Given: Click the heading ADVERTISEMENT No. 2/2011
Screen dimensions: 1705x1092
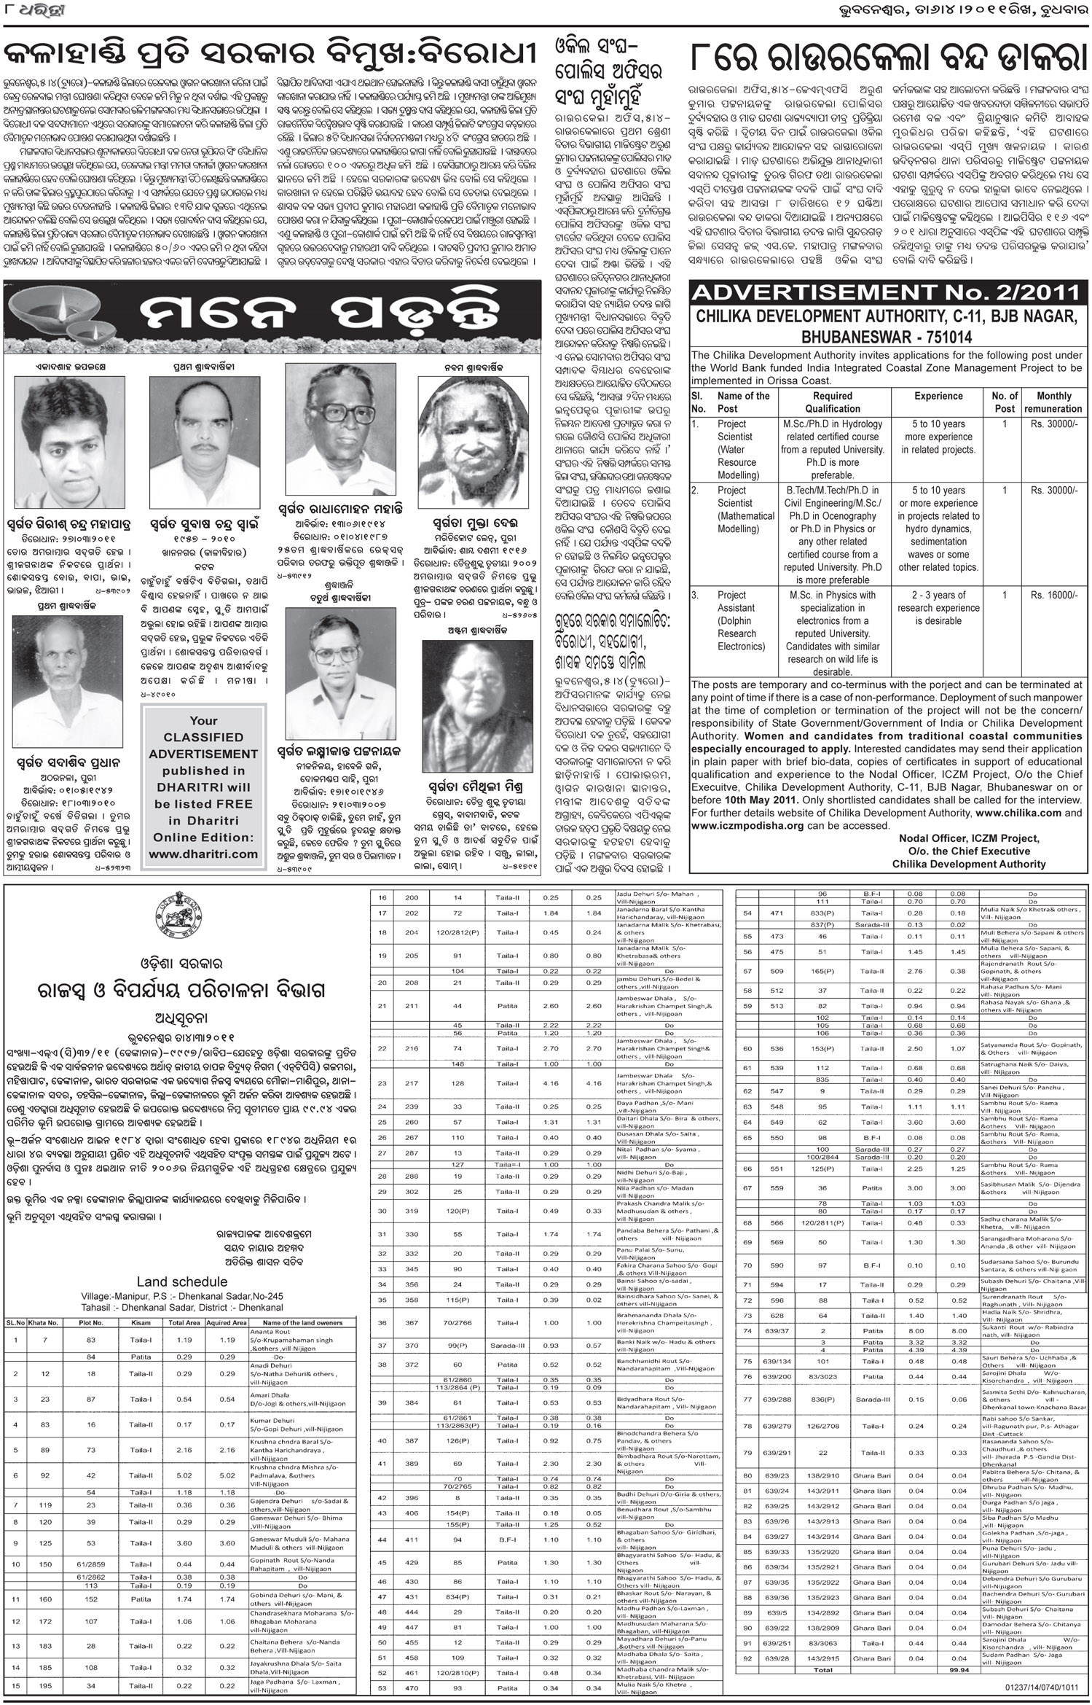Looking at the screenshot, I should (x=885, y=294).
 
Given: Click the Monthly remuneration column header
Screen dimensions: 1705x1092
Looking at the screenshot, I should (x=1053, y=402).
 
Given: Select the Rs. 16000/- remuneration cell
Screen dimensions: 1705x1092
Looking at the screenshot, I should (x=1053, y=595).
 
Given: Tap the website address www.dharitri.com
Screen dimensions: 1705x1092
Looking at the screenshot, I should (x=203, y=853).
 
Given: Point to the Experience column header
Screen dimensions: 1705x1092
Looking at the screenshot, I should (x=938, y=396).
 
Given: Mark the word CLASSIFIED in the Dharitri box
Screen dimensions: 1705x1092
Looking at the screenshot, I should (x=203, y=737).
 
